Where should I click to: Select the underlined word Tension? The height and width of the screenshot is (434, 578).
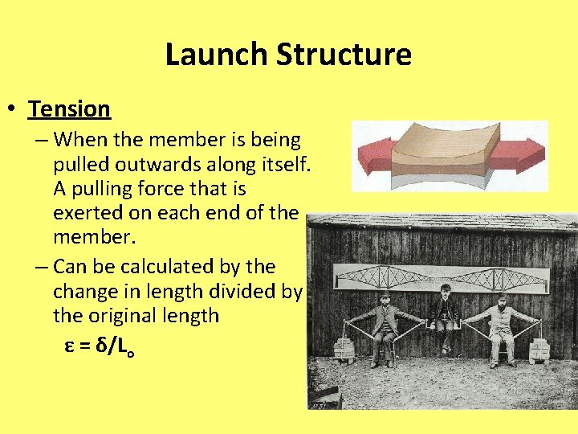(69, 108)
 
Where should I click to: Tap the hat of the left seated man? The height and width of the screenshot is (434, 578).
(385, 293)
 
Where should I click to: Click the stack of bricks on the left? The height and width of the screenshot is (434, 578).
(344, 348)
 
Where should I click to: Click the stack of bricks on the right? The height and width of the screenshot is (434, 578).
(539, 349)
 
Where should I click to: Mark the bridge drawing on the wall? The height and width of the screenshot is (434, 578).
(442, 279)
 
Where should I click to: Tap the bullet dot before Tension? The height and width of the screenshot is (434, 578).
(14, 108)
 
